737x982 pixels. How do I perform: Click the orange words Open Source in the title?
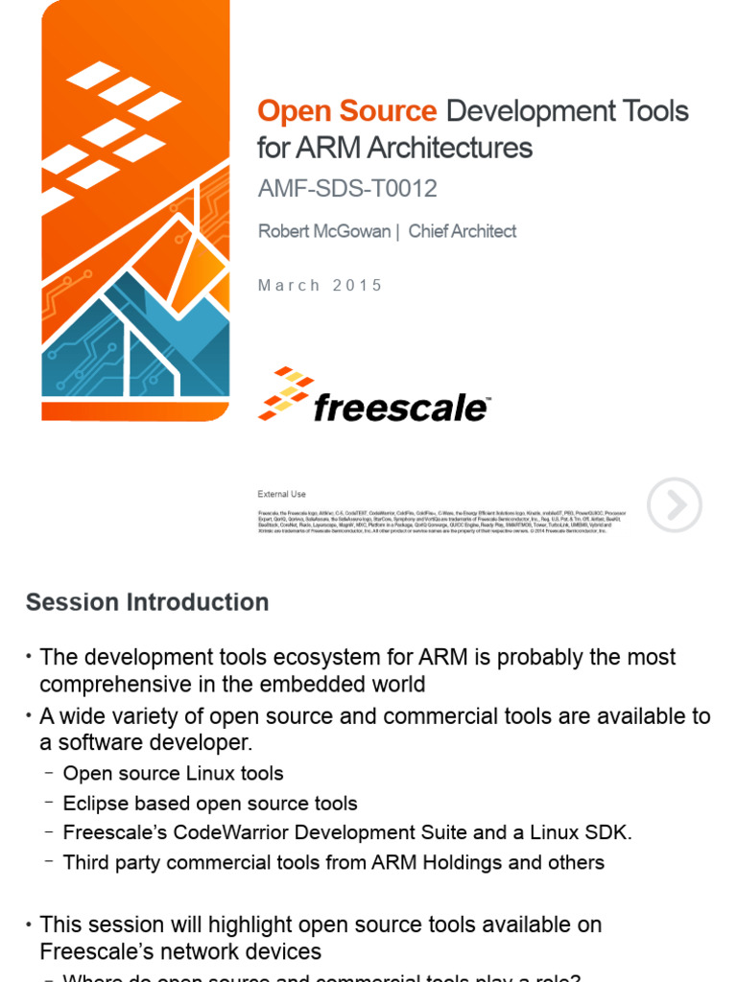[346, 112]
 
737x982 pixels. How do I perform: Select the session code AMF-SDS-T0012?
[346, 189]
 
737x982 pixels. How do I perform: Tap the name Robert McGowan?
[323, 231]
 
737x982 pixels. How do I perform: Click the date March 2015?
[320, 286]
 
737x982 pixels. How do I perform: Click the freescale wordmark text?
[400, 408]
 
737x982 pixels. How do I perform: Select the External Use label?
[281, 494]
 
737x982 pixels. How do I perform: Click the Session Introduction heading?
[147, 602]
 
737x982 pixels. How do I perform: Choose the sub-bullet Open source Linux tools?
[173, 773]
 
